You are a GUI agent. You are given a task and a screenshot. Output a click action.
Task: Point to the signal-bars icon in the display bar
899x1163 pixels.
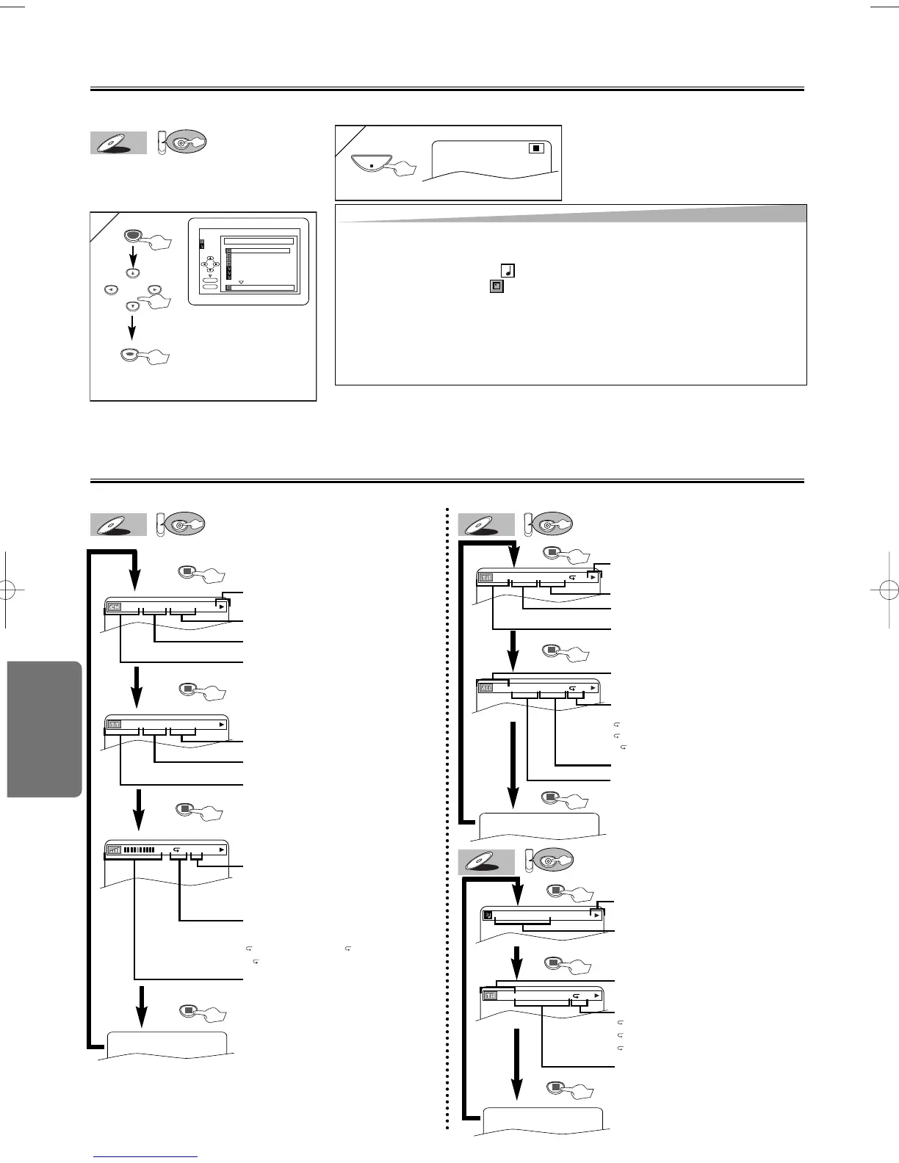point(114,850)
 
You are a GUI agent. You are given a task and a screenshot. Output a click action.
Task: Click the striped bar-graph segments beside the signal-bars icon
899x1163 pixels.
point(139,850)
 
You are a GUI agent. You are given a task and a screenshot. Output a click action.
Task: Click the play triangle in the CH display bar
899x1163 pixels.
point(221,607)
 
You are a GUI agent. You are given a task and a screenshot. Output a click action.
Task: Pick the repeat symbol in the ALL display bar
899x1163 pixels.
point(572,688)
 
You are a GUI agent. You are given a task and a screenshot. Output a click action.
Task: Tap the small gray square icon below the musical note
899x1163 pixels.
point(497,286)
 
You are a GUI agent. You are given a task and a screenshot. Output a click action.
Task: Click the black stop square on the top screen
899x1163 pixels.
point(537,148)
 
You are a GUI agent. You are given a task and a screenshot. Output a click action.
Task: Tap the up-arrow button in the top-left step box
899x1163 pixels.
point(131,273)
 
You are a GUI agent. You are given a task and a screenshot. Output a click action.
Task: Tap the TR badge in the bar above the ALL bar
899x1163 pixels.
point(486,578)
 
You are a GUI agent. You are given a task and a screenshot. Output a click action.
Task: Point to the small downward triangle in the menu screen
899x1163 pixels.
point(240,281)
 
